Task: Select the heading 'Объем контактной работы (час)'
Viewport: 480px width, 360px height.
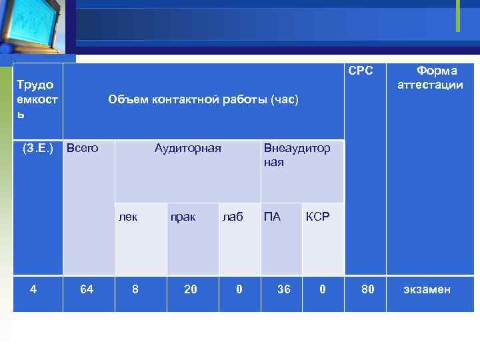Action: [203, 100]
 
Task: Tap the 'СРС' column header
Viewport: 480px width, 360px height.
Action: [361, 71]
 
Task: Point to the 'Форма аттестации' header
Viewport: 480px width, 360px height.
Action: [430, 77]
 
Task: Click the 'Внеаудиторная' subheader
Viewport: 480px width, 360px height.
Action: [297, 155]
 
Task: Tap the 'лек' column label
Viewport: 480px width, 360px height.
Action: [128, 217]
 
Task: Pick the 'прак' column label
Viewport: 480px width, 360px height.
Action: [183, 217]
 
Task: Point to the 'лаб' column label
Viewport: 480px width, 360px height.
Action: [233, 217]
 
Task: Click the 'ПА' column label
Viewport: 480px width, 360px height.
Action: [272, 217]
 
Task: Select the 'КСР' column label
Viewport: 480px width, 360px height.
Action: [317, 217]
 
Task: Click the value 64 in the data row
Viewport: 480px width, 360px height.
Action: [87, 289]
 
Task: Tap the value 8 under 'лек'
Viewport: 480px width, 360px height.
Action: [135, 289]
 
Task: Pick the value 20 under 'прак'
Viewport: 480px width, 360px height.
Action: [191, 289]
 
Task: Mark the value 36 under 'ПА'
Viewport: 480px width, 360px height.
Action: [284, 289]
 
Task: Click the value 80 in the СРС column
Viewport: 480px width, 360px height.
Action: [367, 289]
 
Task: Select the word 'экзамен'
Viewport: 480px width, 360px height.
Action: [427, 289]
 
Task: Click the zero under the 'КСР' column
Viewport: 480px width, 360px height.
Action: [323, 289]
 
